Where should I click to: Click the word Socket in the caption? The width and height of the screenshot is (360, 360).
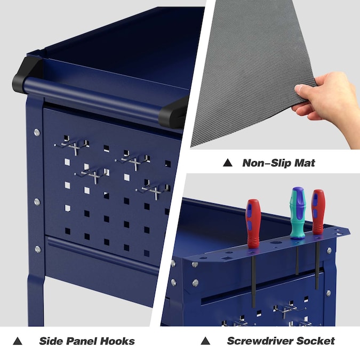(x=315, y=341)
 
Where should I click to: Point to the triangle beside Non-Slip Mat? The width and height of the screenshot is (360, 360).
(x=228, y=163)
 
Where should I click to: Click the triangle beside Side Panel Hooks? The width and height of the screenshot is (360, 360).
(x=18, y=341)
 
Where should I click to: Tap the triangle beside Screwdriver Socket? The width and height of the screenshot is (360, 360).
(x=205, y=341)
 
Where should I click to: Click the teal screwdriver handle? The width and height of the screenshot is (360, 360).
(x=298, y=213)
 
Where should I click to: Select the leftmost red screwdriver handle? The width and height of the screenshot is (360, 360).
(x=253, y=223)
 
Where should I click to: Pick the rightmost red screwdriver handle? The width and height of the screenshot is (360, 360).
(x=318, y=212)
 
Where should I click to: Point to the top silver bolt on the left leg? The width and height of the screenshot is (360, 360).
(x=37, y=132)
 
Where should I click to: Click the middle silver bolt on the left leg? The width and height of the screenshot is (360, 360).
(x=37, y=202)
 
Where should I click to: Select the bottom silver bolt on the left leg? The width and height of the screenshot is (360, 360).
(x=38, y=249)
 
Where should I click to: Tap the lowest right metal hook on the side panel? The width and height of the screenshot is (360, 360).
(x=154, y=190)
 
